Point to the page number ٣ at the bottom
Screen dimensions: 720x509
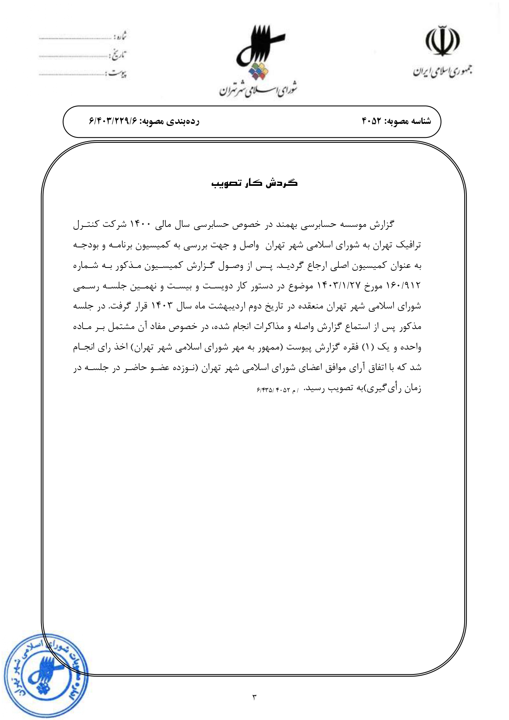click(254, 696)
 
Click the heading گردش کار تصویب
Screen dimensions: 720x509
click(254, 183)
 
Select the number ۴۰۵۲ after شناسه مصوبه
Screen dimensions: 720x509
click(372, 121)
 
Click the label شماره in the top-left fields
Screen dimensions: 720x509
click(119, 37)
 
